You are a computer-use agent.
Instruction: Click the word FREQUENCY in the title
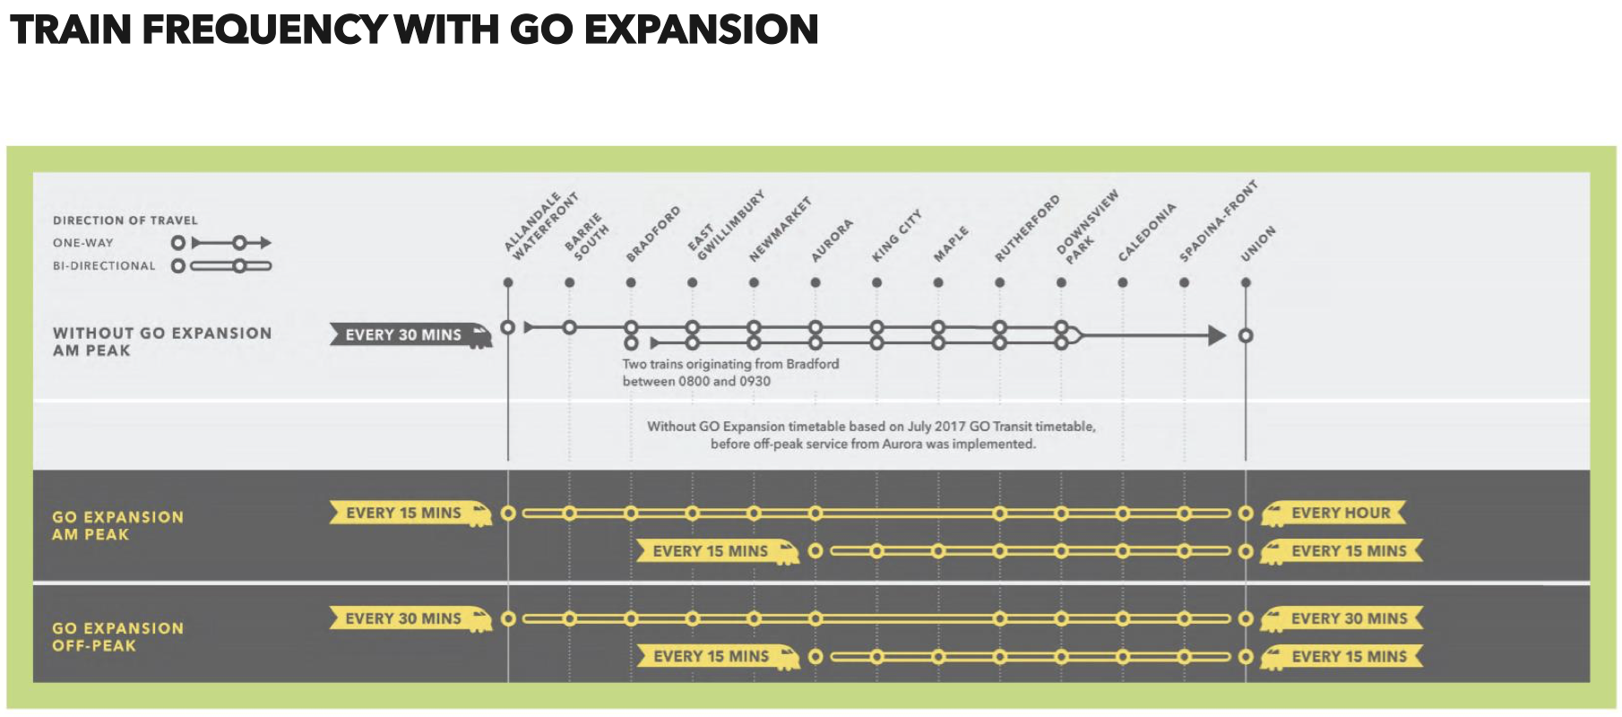[x=264, y=30]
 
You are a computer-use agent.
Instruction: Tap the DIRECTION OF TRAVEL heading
[x=125, y=220]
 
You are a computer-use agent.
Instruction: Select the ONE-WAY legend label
[x=83, y=243]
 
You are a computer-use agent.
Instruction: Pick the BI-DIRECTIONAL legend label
[x=104, y=266]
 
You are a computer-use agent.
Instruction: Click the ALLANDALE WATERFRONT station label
[x=540, y=226]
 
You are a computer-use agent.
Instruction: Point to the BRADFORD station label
[x=653, y=234]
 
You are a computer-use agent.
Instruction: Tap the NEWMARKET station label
[x=780, y=229]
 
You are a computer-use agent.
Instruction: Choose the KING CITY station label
[x=896, y=236]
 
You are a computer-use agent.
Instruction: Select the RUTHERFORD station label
[x=1027, y=229]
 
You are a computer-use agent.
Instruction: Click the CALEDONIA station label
[x=1146, y=233]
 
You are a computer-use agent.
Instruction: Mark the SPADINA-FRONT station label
[x=1218, y=221]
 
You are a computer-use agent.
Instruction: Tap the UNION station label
[x=1257, y=244]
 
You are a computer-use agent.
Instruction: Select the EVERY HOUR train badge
[x=1333, y=514]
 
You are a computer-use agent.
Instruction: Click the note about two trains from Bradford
[x=730, y=373]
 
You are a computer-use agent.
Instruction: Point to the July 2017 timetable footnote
[x=871, y=436]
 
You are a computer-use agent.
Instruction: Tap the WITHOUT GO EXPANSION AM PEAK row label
[x=162, y=341]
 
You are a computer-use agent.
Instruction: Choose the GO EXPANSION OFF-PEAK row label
[x=117, y=637]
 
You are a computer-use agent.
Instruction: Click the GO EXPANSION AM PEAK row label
[x=117, y=526]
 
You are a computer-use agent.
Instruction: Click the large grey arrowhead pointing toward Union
[x=1217, y=336]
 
